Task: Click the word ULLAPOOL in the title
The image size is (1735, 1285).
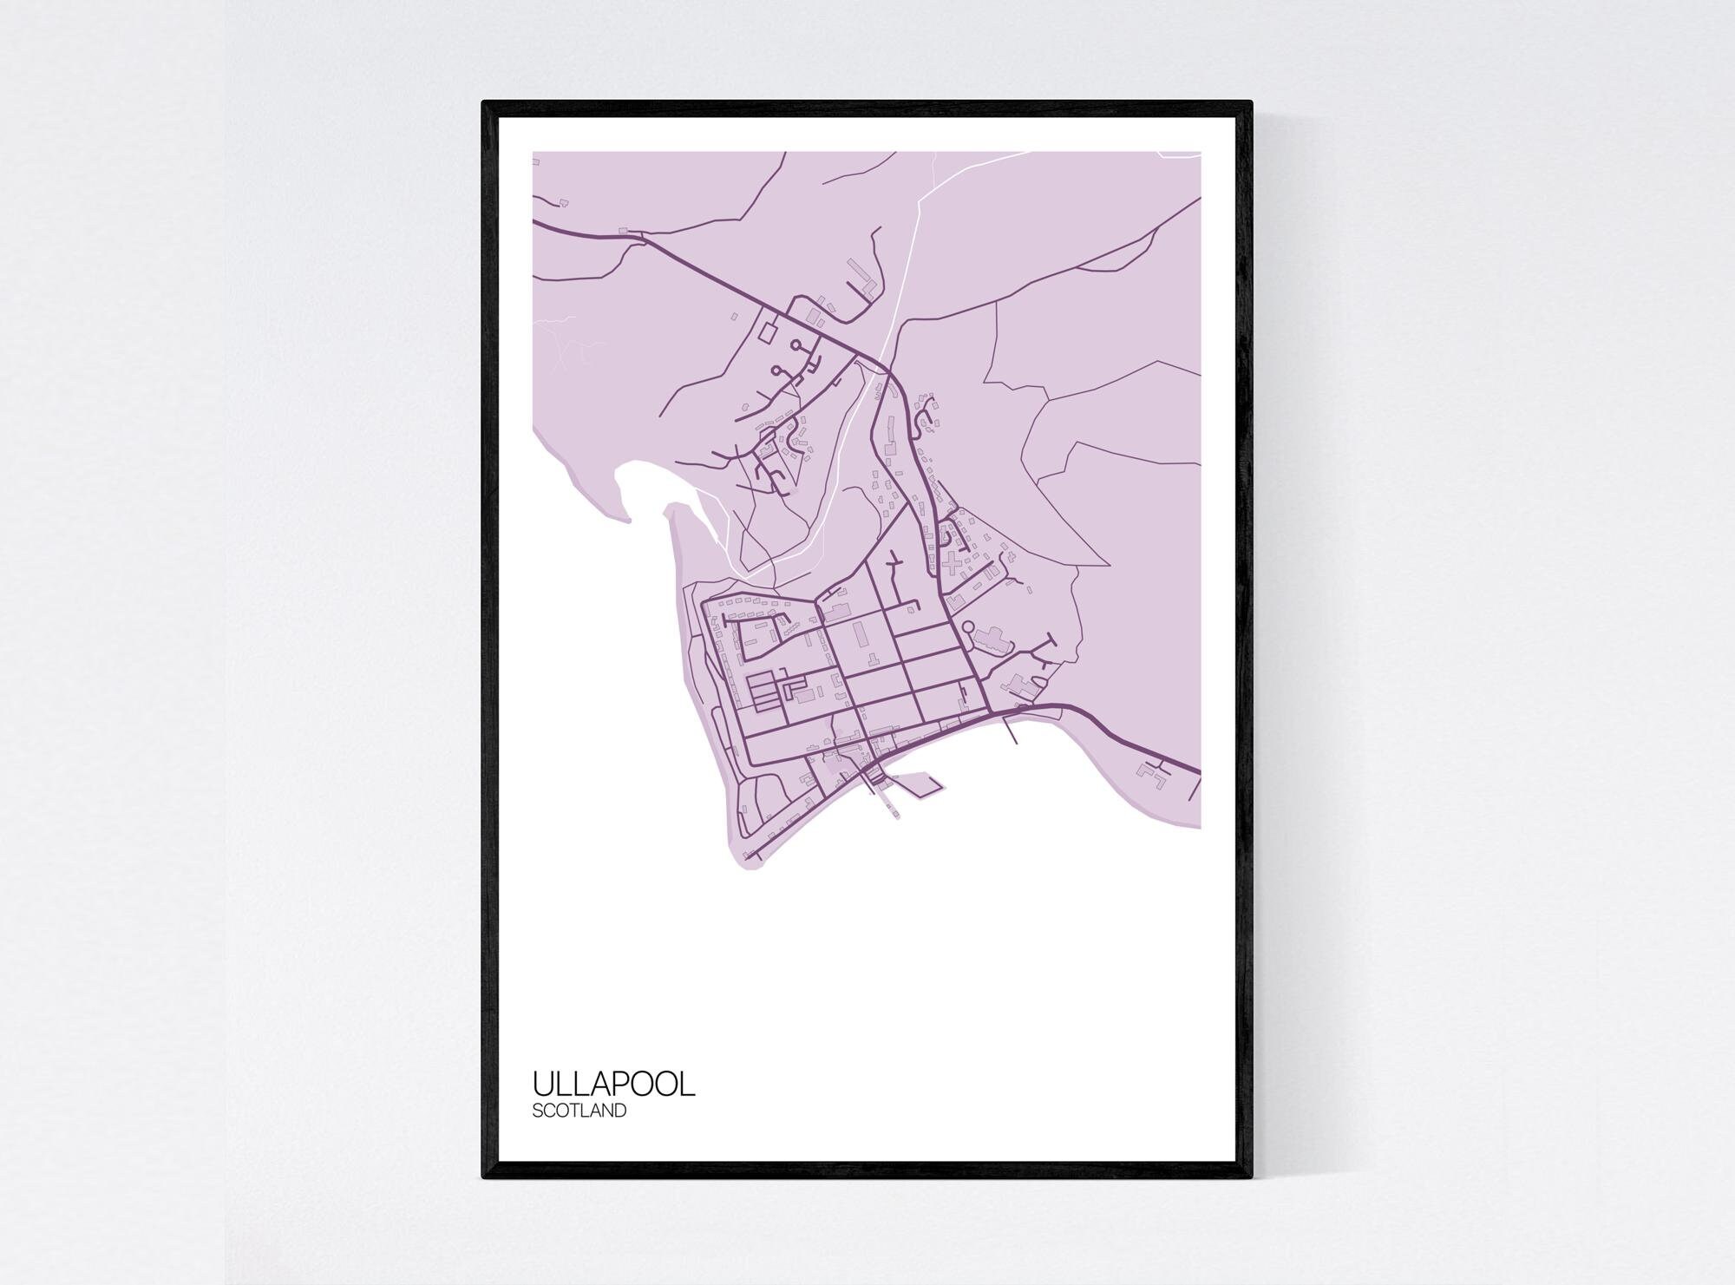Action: point(613,1085)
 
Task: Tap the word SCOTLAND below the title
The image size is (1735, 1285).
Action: point(579,1111)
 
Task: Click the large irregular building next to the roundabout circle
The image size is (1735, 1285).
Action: point(992,640)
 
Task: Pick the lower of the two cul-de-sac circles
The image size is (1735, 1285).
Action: point(776,371)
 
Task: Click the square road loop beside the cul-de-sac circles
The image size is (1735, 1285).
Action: point(769,331)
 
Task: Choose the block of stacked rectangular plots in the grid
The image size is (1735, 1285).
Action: point(764,692)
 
